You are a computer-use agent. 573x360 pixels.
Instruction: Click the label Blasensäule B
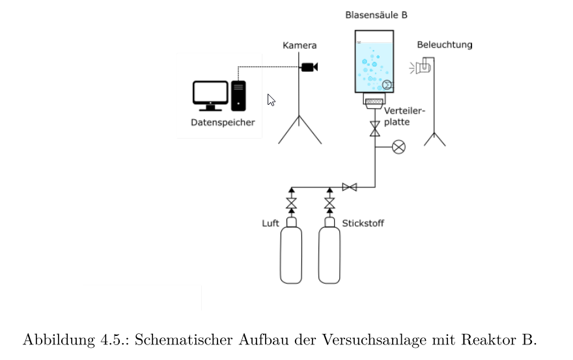[376, 14]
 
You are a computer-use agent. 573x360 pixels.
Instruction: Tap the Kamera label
[300, 46]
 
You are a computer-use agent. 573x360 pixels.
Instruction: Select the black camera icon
[309, 67]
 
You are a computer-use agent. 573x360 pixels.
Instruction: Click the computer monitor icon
[210, 95]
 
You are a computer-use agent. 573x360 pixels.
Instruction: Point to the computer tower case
[238, 96]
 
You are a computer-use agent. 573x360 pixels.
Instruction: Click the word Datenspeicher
[223, 122]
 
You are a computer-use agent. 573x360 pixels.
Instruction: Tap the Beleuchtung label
[445, 45]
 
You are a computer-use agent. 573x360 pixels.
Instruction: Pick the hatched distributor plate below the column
[374, 102]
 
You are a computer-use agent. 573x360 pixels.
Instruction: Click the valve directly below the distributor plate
[374, 128]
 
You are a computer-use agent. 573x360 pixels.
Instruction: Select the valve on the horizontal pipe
[350, 187]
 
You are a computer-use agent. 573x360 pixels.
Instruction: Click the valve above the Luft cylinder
[291, 204]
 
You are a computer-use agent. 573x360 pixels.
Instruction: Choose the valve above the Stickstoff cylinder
[329, 204]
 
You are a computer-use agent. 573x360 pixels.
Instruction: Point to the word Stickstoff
[363, 223]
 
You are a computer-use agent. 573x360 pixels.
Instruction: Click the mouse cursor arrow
[271, 99]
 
